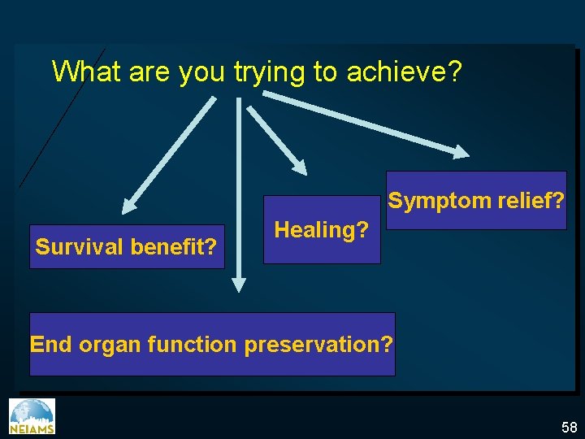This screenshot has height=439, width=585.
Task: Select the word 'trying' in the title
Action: click(270, 72)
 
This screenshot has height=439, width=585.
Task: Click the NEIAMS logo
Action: click(32, 416)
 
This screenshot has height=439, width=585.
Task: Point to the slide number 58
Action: click(568, 428)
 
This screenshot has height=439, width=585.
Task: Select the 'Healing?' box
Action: click(322, 230)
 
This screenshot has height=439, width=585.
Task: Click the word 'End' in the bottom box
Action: click(51, 345)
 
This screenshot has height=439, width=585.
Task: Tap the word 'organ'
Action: click(110, 346)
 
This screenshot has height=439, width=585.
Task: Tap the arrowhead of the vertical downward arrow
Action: click(238, 285)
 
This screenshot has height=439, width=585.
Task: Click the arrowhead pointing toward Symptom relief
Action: click(461, 151)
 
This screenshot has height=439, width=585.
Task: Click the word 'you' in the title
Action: click(202, 72)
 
